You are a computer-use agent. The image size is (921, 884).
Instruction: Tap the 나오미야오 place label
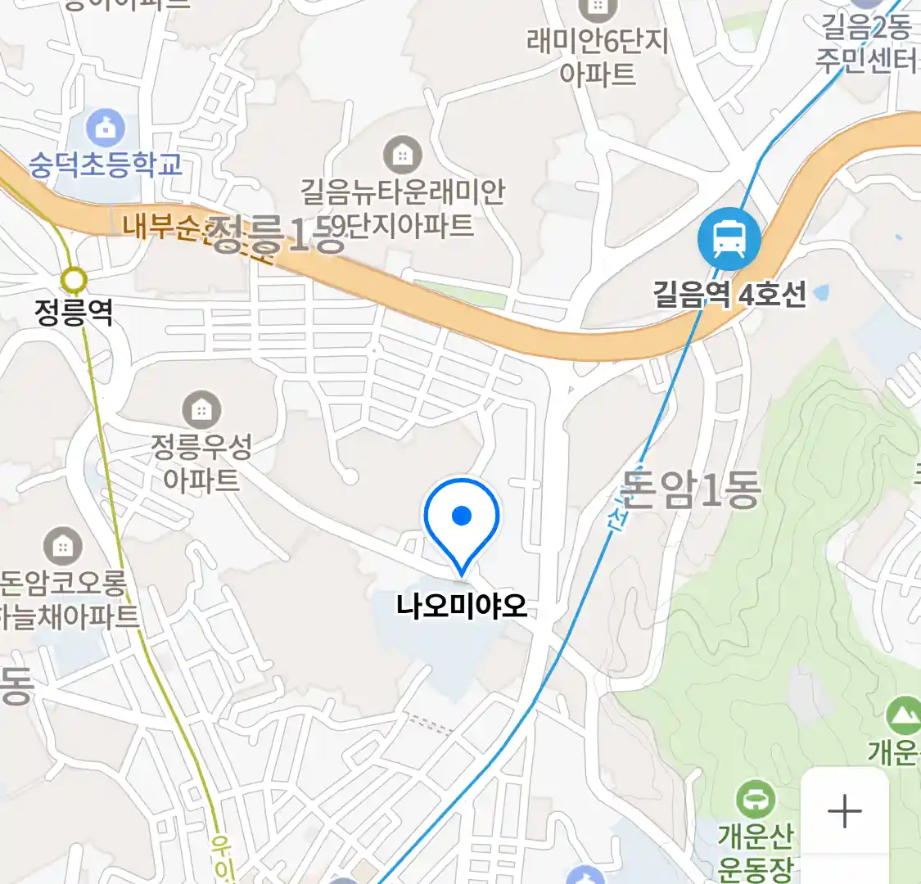tap(462, 607)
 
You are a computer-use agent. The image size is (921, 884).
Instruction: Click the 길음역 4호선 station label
tap(729, 294)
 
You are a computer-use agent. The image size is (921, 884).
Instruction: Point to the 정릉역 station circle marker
tap(74, 281)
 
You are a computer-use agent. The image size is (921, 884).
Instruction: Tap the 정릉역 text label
tap(74, 312)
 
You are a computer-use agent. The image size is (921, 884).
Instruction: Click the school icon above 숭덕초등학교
tap(106, 128)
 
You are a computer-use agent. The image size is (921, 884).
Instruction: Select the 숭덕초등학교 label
tap(106, 165)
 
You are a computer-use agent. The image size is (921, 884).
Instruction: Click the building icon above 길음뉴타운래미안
tap(402, 154)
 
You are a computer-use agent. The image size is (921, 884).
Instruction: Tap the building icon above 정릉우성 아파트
tap(201, 408)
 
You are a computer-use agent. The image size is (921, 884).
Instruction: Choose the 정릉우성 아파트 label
tap(201, 462)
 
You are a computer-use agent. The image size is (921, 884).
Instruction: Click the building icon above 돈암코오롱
tap(62, 546)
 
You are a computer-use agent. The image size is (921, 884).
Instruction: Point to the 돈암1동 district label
tap(690, 489)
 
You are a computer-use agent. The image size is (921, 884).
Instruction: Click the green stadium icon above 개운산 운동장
tap(755, 799)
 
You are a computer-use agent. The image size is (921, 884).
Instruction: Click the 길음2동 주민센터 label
tap(866, 44)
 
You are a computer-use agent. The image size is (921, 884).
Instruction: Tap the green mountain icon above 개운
tap(903, 717)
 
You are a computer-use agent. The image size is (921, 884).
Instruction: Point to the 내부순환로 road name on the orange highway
tap(164, 227)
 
